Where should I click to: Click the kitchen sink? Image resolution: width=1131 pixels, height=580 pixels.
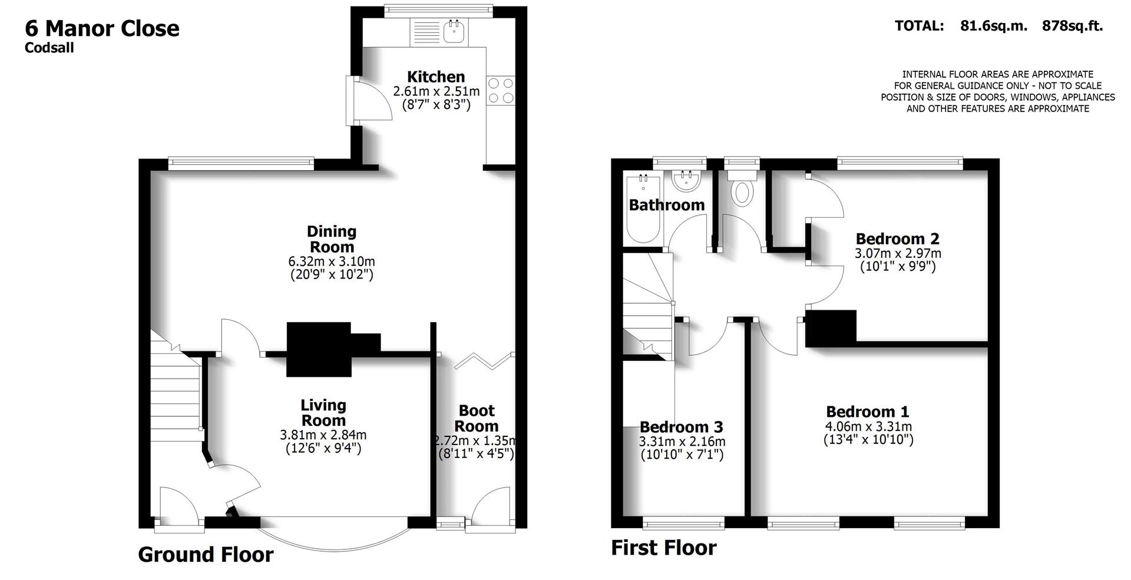[454, 32]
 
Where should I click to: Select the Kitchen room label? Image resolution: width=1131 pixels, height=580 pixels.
[436, 77]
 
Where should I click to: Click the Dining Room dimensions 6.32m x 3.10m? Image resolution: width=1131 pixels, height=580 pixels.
[332, 261]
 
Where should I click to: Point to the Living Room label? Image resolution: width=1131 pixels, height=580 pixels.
[323, 413]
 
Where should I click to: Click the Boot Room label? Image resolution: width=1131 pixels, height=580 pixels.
[477, 418]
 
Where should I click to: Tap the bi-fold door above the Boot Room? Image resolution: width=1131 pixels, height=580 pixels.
[484, 360]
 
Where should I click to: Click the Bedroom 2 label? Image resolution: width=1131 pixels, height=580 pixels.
[897, 238]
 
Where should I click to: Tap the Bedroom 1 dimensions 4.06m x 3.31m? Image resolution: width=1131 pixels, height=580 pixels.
[868, 426]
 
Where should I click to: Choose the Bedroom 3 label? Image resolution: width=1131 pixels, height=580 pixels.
[681, 427]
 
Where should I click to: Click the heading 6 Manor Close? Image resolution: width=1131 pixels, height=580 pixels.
[102, 28]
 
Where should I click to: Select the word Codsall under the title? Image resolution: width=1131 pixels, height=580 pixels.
[49, 48]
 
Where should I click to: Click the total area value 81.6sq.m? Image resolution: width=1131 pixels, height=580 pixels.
[993, 26]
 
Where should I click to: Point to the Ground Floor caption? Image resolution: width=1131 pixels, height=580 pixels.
[206, 555]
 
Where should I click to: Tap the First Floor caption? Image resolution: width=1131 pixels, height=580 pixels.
[663, 548]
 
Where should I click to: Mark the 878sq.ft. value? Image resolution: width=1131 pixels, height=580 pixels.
[1072, 26]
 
